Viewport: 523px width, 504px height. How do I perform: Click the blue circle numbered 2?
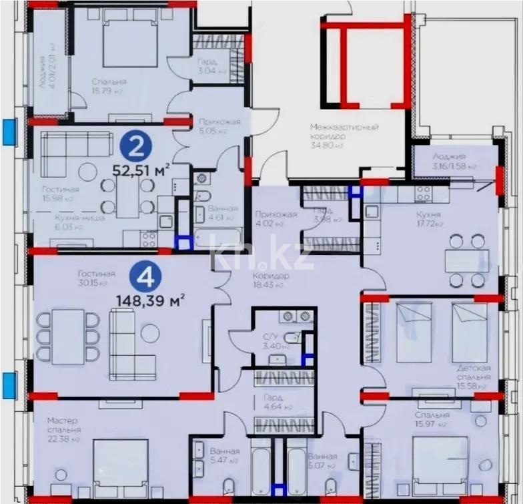point(136,147)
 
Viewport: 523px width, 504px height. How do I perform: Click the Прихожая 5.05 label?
point(210,126)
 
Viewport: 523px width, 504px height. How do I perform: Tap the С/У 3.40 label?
point(272,342)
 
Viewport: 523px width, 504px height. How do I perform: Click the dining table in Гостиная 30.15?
point(68,336)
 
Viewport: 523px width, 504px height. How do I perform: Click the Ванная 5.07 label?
point(323,461)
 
